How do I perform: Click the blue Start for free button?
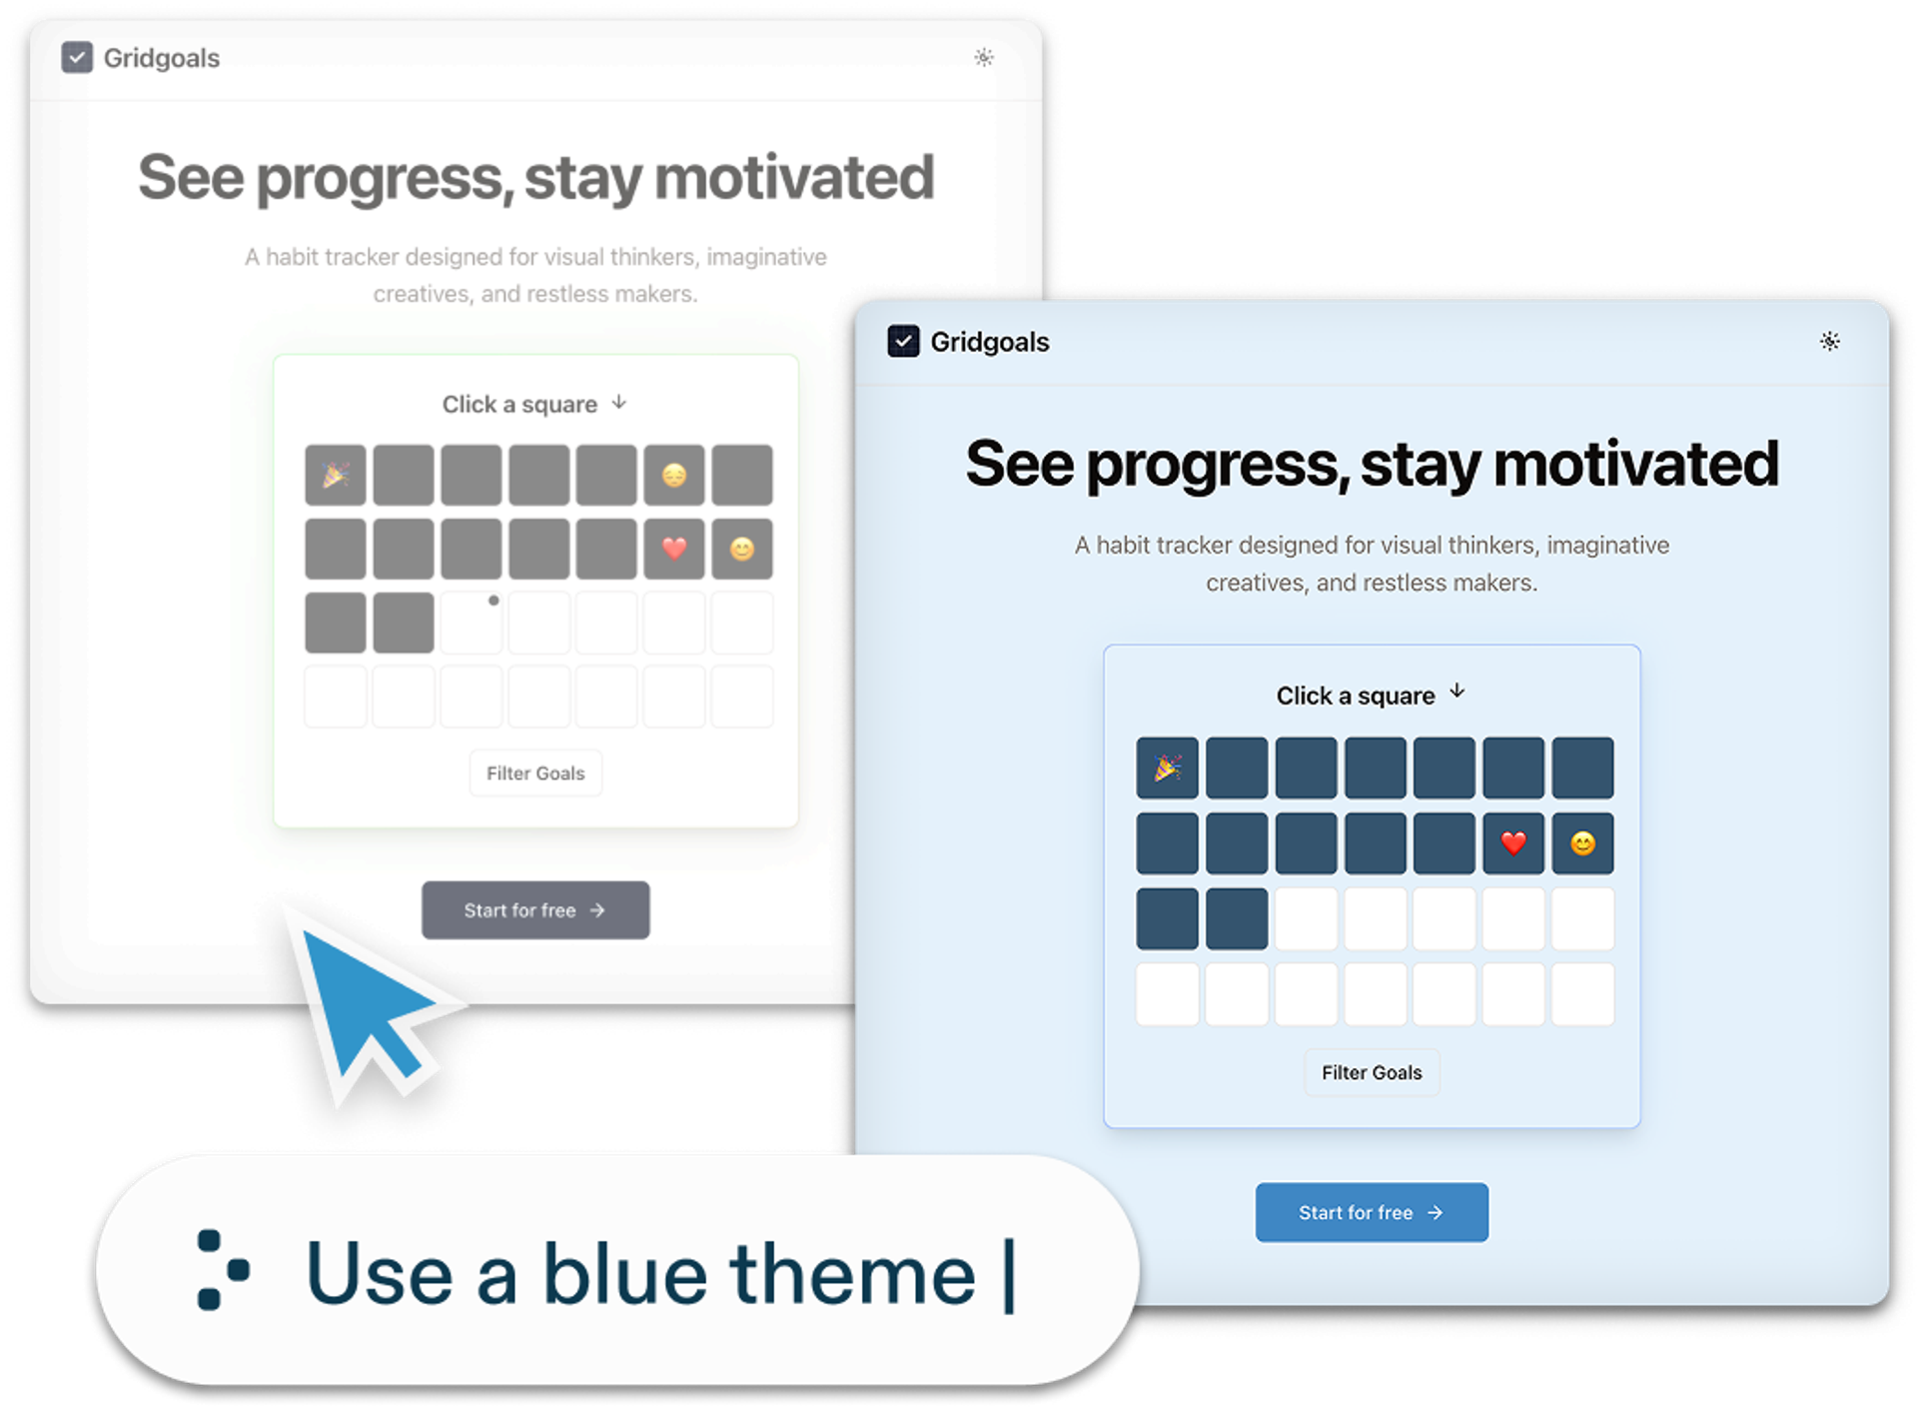click(x=1371, y=1212)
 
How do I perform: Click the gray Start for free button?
click(x=535, y=909)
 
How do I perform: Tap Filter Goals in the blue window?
click(x=1372, y=1072)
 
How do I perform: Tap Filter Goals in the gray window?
click(x=535, y=772)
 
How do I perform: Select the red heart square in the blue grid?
click(x=1513, y=843)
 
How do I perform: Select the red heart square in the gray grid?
click(x=674, y=548)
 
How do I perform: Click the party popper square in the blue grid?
click(x=1167, y=767)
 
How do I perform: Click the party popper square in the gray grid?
click(x=335, y=475)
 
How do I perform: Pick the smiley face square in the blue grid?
click(x=1582, y=843)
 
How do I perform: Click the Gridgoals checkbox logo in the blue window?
click(x=903, y=342)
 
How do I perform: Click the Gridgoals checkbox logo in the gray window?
click(x=77, y=58)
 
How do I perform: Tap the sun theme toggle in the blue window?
click(x=1829, y=341)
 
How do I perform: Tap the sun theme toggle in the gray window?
click(x=984, y=57)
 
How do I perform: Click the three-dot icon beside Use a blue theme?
click(x=222, y=1270)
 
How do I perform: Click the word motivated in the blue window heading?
click(x=1635, y=464)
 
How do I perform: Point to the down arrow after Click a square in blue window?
click(x=1457, y=691)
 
